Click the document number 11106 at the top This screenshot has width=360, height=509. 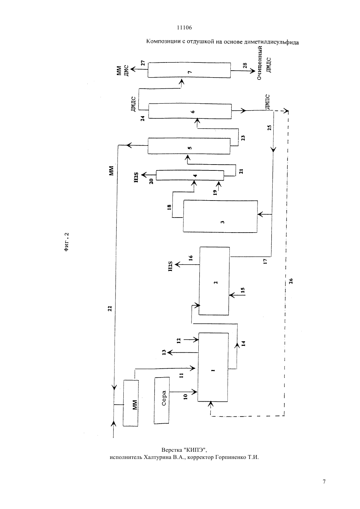[x=184, y=28]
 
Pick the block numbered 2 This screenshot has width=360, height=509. [x=214, y=281]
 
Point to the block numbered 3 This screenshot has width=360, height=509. [x=220, y=216]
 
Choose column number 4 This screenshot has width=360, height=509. [x=190, y=175]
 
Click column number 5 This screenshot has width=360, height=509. [x=189, y=146]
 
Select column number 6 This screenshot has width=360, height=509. [x=190, y=111]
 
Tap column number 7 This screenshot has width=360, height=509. [x=189, y=70]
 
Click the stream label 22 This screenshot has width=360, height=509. [x=110, y=308]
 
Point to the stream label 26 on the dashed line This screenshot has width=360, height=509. [x=291, y=281]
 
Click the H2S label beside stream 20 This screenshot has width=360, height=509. [x=136, y=178]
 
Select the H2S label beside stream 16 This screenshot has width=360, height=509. [x=170, y=266]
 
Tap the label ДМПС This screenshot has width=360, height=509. [x=267, y=102]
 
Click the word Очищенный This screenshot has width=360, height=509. [x=260, y=63]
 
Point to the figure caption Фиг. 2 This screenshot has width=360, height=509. [x=66, y=242]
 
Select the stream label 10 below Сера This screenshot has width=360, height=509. [x=186, y=397]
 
